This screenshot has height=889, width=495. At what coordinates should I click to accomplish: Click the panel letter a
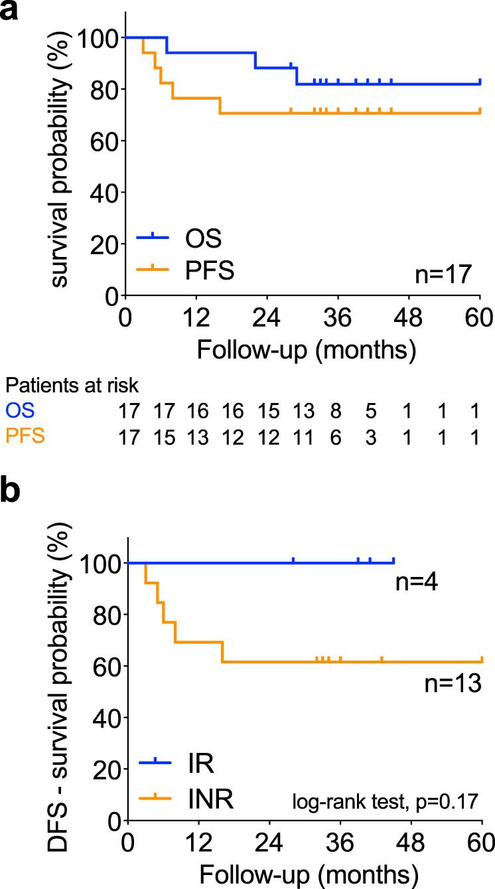9,12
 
